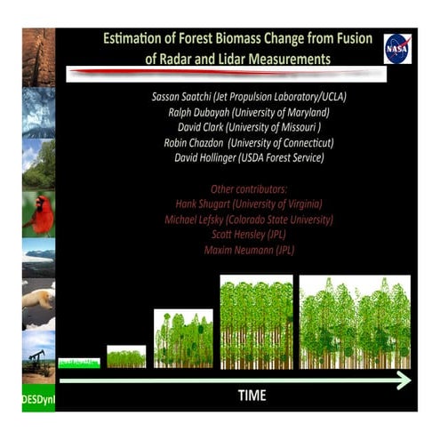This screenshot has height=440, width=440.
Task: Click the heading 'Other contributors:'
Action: pos(248,189)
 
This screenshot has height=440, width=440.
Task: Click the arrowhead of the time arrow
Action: pos(404,380)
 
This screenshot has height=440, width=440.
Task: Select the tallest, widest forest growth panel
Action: pos(354,322)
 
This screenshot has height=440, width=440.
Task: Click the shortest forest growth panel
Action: pos(78,363)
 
